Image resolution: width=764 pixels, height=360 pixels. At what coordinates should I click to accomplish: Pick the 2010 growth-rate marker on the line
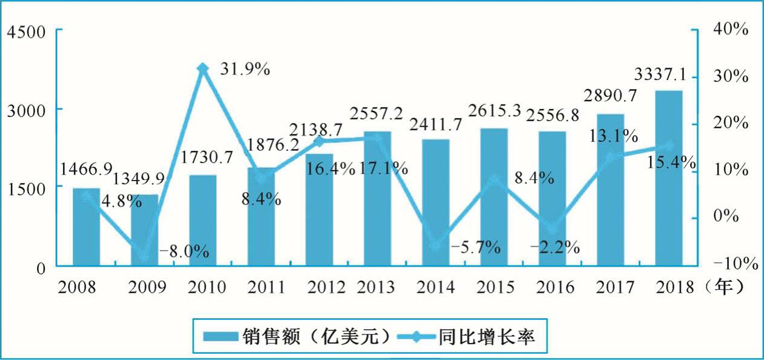(x=203, y=68)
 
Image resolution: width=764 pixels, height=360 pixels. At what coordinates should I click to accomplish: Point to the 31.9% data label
(x=245, y=70)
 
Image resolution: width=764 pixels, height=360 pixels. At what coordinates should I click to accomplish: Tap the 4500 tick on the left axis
(x=26, y=31)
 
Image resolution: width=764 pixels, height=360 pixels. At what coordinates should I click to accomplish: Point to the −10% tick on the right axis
(x=736, y=264)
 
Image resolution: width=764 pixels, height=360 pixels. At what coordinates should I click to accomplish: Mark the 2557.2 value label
(x=377, y=113)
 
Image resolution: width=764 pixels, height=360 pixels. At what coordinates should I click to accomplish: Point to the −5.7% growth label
(x=475, y=247)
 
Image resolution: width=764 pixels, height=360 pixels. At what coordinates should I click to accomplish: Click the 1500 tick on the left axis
(x=26, y=188)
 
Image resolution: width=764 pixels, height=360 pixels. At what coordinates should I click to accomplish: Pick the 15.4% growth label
(x=671, y=162)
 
